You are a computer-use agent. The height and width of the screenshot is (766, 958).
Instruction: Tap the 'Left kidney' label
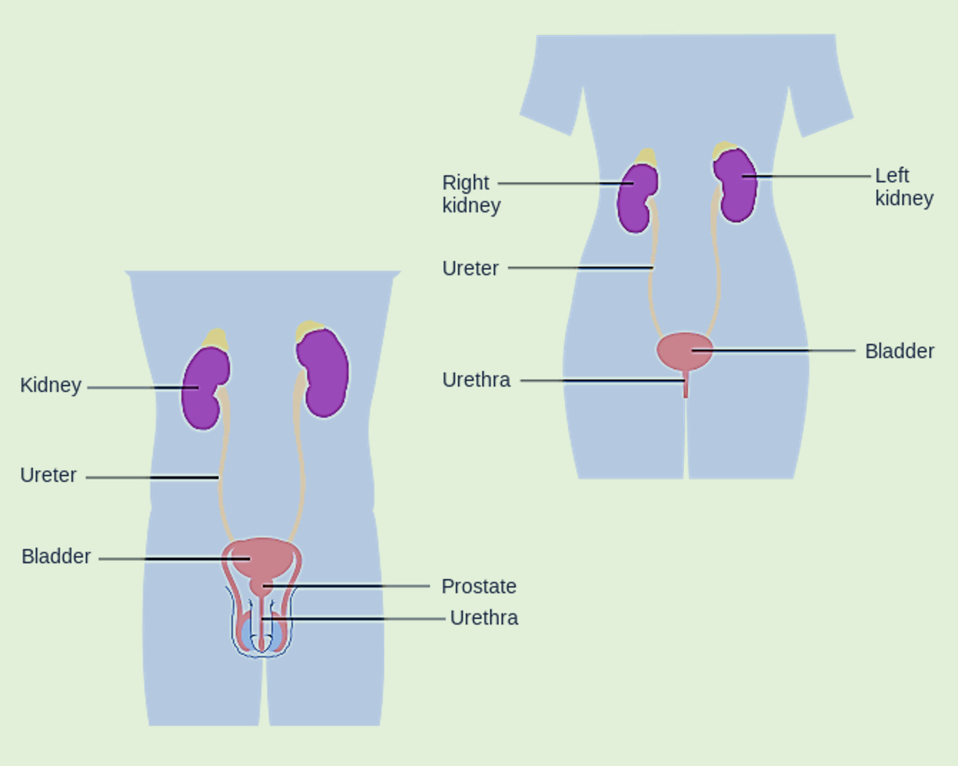(903, 187)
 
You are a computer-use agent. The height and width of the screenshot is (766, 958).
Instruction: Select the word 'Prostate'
(479, 586)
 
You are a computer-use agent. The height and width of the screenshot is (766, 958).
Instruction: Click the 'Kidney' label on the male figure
(51, 385)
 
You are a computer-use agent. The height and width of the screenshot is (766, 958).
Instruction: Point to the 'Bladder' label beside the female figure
(899, 351)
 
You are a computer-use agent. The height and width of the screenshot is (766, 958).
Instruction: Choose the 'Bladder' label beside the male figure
(56, 556)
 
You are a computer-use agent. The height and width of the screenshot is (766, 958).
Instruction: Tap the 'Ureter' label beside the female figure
(470, 268)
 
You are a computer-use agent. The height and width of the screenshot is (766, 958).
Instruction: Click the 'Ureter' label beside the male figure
(48, 475)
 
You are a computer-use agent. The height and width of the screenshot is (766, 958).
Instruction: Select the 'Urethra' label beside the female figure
(476, 380)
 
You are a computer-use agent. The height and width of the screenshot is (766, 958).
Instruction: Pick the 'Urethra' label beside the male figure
(484, 618)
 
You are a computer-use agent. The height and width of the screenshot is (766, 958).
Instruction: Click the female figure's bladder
(677, 350)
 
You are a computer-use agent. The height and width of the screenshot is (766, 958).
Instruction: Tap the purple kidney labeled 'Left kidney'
(737, 188)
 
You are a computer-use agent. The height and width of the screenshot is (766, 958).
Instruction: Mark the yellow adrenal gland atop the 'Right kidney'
(647, 157)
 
